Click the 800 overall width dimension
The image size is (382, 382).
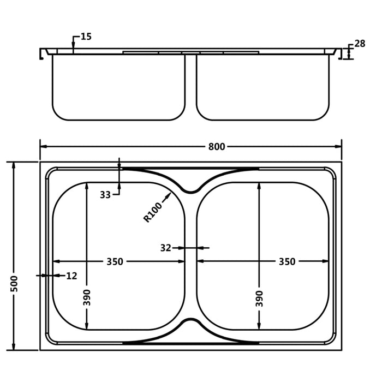pos(217,147)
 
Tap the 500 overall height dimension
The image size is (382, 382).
pos(14,284)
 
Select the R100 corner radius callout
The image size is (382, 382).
pos(153,212)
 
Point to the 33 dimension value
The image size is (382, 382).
pos(105,195)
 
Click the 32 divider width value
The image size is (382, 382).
pos(166,248)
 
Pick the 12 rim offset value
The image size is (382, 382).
pos(71,276)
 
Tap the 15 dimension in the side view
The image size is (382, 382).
pos(86,37)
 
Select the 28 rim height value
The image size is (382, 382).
pos(360,44)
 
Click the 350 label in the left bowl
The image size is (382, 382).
pos(115,261)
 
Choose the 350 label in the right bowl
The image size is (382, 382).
pos(287,261)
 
